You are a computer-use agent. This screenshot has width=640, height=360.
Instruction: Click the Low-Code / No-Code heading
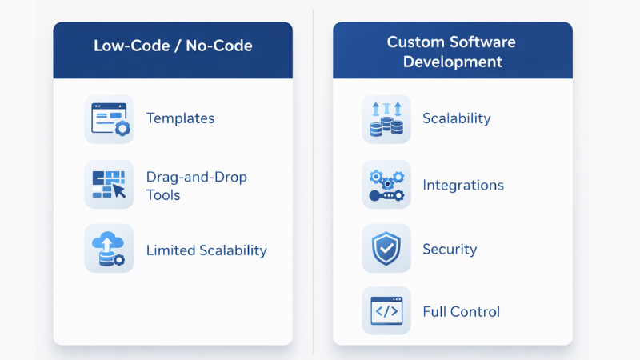click(x=173, y=46)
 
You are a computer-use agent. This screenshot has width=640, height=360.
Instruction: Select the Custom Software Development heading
click(x=452, y=51)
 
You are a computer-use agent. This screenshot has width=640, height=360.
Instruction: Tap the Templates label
click(x=180, y=118)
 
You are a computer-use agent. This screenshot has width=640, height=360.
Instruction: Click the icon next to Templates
click(x=109, y=119)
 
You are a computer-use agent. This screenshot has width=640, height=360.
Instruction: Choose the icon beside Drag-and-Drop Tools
click(x=109, y=185)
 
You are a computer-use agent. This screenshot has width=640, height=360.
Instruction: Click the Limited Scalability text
click(x=206, y=250)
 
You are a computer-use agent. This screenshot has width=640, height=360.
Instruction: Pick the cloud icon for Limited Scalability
click(x=109, y=249)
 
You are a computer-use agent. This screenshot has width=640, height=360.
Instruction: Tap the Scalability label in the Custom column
click(x=456, y=118)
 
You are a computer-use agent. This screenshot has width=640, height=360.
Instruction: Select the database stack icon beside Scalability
click(x=386, y=119)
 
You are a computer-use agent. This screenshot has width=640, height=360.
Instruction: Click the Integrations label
click(x=463, y=185)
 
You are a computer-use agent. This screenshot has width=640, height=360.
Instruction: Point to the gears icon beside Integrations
click(x=386, y=185)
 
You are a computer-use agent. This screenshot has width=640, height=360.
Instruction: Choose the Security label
click(x=450, y=249)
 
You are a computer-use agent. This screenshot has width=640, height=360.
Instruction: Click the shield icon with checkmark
click(x=386, y=249)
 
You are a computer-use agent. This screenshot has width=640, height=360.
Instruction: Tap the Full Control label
click(x=461, y=311)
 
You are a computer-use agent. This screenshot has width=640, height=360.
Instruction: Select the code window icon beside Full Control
click(x=386, y=311)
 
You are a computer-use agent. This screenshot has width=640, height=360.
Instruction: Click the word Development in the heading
click(x=453, y=62)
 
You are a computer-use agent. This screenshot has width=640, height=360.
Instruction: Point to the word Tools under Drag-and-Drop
click(x=163, y=195)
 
